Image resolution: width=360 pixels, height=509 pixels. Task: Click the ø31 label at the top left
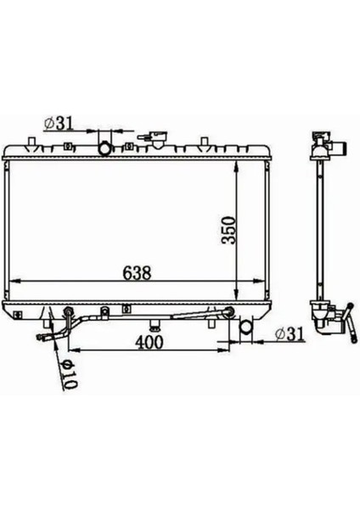tap(58, 124)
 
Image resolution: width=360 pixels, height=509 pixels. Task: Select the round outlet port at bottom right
tap(245, 327)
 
